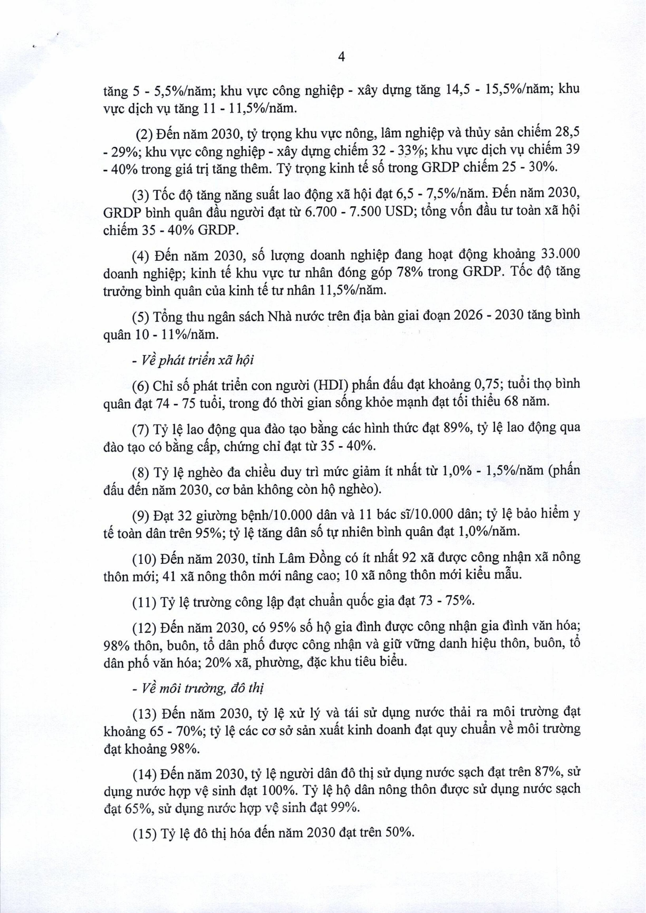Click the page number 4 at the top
pyautogui.click(x=341, y=57)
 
